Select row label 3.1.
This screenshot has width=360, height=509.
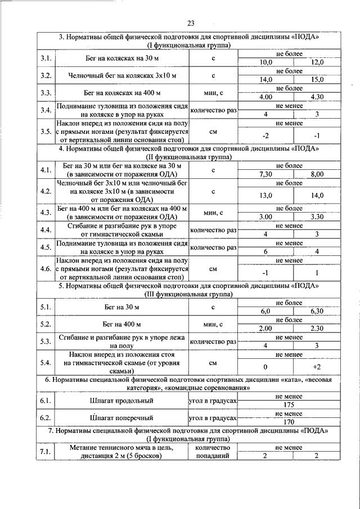coord(46,58)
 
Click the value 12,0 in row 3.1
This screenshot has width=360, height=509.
coord(317,62)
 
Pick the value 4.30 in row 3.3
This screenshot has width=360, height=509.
coord(317,97)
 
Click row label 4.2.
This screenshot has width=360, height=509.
coord(46,191)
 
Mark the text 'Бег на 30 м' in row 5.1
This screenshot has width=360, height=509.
coord(123,307)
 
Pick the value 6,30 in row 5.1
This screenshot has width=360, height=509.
coord(317,311)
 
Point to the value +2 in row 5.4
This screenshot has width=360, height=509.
coord(317,367)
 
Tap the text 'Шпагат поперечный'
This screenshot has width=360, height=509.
coord(122,418)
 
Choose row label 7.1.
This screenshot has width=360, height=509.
coord(46,452)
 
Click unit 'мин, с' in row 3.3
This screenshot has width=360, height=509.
coord(213,93)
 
